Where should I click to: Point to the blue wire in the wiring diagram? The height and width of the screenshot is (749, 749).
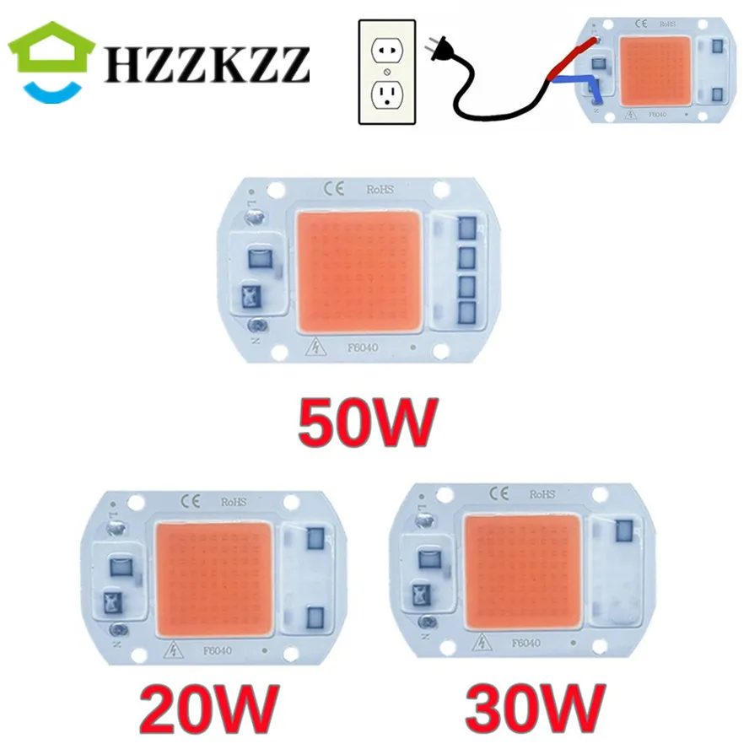pyautogui.click(x=582, y=83)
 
